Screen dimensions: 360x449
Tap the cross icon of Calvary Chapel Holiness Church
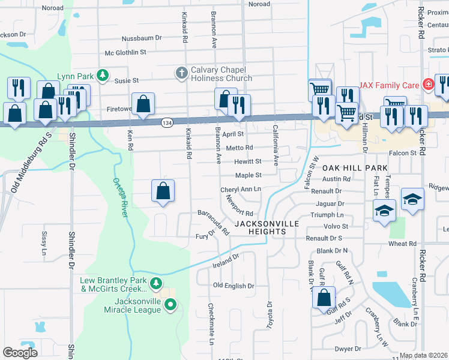point(181,73)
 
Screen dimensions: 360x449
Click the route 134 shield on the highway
point(167,122)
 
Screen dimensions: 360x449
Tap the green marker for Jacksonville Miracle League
point(170,305)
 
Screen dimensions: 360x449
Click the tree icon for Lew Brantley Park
point(156,282)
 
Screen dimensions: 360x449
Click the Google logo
point(20,352)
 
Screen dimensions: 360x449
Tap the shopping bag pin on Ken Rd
point(143,104)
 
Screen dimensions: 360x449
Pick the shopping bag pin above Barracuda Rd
point(163,191)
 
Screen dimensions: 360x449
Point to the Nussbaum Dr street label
point(142,38)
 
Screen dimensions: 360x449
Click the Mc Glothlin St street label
point(125,53)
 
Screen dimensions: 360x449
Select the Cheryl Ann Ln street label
point(241,189)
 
